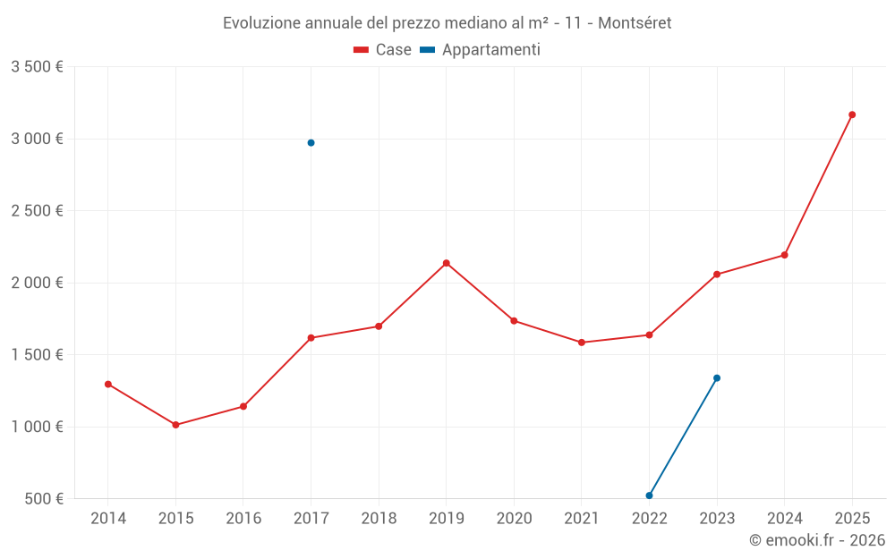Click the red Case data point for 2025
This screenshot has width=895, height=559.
[852, 114]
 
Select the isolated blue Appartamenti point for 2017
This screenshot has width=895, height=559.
[311, 143]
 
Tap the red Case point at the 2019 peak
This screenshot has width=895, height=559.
[446, 263]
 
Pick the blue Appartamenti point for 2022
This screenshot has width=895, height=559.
[649, 495]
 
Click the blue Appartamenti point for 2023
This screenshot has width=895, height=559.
[717, 378]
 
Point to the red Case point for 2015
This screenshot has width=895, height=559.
[175, 425]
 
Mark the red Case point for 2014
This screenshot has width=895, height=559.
[108, 385]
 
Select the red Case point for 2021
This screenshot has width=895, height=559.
[582, 343]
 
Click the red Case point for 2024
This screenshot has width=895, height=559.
[784, 255]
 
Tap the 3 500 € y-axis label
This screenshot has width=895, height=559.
[37, 67]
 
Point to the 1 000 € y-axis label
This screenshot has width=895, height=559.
[37, 427]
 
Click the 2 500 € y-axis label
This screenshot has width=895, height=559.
[37, 211]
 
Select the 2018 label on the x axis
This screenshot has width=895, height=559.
[379, 518]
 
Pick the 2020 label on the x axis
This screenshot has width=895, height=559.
[514, 518]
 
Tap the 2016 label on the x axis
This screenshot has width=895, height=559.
[243, 518]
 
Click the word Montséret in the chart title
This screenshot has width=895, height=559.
[635, 23]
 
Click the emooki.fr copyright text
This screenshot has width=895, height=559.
[817, 540]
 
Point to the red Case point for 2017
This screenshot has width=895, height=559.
[311, 338]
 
